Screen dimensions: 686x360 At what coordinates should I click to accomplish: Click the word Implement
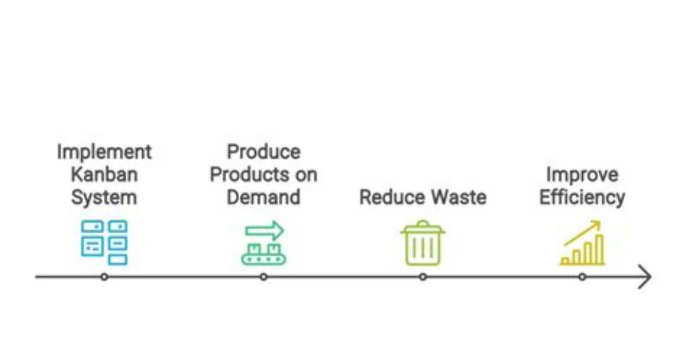coord(104,152)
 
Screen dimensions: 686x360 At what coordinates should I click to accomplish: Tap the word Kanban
coord(104,174)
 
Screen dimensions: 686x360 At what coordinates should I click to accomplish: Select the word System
coord(104,198)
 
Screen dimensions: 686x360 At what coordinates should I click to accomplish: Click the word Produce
coord(263,152)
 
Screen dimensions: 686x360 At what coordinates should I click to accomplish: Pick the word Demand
coord(263,197)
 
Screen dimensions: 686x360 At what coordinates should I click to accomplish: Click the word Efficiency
coord(582,198)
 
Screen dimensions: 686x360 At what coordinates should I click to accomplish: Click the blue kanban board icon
coord(104,242)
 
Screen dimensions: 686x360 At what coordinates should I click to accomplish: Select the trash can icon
coord(423,242)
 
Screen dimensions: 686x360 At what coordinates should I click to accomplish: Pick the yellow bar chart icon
coord(582,243)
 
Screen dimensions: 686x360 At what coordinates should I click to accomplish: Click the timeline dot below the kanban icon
coord(104,277)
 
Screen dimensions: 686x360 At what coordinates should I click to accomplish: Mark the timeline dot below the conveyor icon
coord(263,277)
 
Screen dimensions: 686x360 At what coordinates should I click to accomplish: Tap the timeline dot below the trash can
coord(423,277)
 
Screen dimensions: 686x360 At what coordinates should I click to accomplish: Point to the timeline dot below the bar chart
coord(582,277)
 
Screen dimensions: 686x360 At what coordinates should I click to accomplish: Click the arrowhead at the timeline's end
coord(651,277)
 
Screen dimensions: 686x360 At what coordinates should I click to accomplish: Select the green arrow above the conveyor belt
coord(264,230)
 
